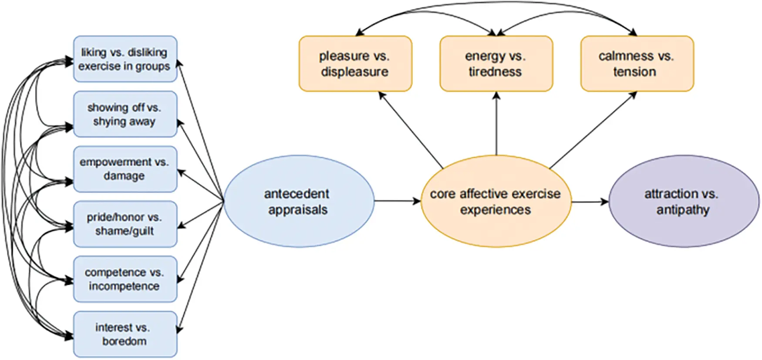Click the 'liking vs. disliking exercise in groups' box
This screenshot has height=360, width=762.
click(x=125, y=59)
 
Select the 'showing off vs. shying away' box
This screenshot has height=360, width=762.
click(x=125, y=114)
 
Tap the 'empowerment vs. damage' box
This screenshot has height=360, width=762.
click(x=125, y=169)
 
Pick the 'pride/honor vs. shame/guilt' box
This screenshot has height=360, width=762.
click(x=125, y=224)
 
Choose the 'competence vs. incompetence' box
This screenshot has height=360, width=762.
click(x=125, y=279)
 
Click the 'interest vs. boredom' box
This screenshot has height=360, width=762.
click(x=125, y=334)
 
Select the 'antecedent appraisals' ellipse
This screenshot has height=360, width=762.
click(x=298, y=201)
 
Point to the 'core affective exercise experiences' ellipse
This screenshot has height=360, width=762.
click(x=496, y=201)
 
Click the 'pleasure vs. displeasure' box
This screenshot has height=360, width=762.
click(x=355, y=64)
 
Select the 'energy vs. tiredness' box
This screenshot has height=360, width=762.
click(x=496, y=64)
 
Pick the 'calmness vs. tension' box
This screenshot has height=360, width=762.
click(x=637, y=64)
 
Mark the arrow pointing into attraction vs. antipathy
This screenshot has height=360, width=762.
click(x=590, y=202)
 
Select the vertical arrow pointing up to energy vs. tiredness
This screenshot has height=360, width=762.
click(x=496, y=124)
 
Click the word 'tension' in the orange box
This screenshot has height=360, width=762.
click(x=634, y=72)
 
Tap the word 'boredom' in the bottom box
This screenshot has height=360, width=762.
click(x=124, y=341)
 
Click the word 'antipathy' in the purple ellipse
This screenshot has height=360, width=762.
click(x=683, y=210)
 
